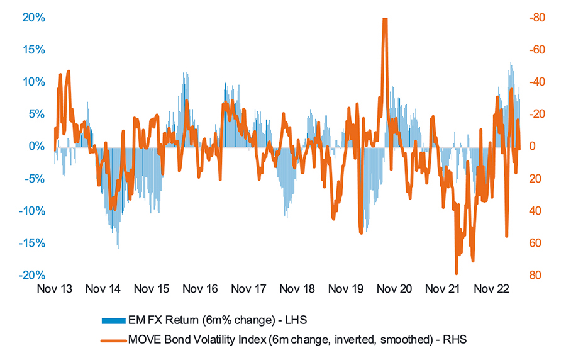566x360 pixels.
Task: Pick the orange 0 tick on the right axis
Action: (x=531, y=147)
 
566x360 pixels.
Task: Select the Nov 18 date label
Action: (x=296, y=290)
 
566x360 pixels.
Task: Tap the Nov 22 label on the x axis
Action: (x=491, y=290)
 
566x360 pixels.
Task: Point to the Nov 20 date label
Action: (x=394, y=290)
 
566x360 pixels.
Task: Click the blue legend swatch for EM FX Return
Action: (x=113, y=320)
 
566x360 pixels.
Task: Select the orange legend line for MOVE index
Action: (x=113, y=339)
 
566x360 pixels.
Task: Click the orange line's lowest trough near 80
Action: (x=457, y=273)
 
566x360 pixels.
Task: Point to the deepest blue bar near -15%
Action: (x=118, y=247)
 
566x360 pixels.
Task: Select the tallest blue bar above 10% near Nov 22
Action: (x=511, y=62)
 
